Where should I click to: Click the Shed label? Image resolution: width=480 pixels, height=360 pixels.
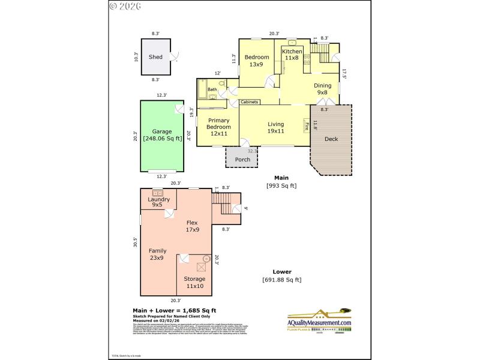pos(155,57)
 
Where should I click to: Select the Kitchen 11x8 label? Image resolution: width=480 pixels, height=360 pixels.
pos(292,55)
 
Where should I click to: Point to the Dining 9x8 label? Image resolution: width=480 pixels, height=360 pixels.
pos(322,89)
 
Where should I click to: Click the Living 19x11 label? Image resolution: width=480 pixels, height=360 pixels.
pos(275,127)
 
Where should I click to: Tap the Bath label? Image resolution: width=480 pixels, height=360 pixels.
pos(212,90)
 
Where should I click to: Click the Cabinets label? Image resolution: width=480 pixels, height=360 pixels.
pos(250,102)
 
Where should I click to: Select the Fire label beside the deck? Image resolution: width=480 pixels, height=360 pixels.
pos(307,126)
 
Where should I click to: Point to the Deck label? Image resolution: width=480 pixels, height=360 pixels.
pos(331,139)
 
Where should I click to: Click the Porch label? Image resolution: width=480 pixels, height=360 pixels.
pos(242,160)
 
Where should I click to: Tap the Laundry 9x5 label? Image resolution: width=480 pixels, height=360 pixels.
pos(158,202)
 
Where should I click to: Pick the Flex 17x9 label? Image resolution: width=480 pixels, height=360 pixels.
pos(193,225)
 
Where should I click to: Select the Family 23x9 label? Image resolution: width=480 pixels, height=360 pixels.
pos(157,254)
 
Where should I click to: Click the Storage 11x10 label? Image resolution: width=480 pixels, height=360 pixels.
pos(194,282)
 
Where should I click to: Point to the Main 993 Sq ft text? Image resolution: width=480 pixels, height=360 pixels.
pos(281,182)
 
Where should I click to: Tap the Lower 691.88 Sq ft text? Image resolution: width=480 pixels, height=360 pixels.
pos(281,276)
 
